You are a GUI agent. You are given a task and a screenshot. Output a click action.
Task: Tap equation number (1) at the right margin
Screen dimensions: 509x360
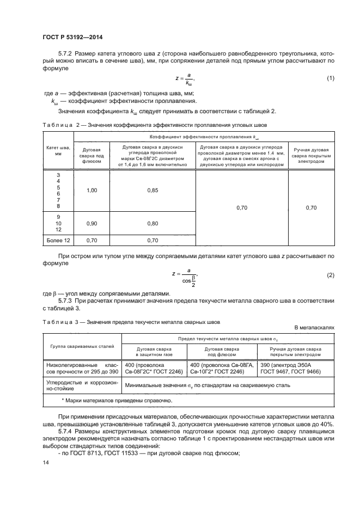pos(330,79)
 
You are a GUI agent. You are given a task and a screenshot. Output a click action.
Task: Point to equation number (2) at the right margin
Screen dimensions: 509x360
pos(330,275)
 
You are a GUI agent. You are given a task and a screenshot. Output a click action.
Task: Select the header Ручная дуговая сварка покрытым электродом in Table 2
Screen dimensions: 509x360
pos(311,154)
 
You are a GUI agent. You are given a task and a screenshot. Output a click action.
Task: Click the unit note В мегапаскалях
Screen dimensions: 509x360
pos(314,328)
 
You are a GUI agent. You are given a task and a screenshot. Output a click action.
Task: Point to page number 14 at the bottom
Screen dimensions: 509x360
pos(45,462)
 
